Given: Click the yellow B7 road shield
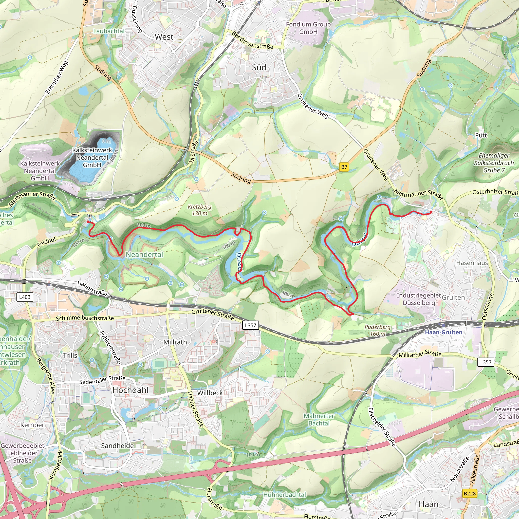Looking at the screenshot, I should (344, 167).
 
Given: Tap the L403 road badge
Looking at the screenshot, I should (25, 297).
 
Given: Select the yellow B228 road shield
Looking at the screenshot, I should (470, 493).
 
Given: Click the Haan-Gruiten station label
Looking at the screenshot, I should (443, 332).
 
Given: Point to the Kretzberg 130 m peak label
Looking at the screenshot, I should (199, 210).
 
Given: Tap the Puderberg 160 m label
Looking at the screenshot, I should (377, 330).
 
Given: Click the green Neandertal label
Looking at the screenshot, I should (144, 254).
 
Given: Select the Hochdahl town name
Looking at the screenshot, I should (130, 390).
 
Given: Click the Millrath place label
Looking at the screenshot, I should (175, 342).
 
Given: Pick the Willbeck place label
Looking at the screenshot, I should (210, 393).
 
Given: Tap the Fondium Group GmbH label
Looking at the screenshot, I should (308, 28).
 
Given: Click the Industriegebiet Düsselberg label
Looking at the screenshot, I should (419, 299).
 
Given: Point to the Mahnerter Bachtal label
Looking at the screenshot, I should (319, 420).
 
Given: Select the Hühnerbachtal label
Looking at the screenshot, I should (285, 495).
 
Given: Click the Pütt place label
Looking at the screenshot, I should (481, 135).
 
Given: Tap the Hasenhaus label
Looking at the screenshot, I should (472, 263).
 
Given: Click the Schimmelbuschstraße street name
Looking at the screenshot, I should (85, 318).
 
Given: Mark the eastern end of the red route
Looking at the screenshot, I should (431, 212).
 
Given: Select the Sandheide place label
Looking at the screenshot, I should (117, 446).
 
